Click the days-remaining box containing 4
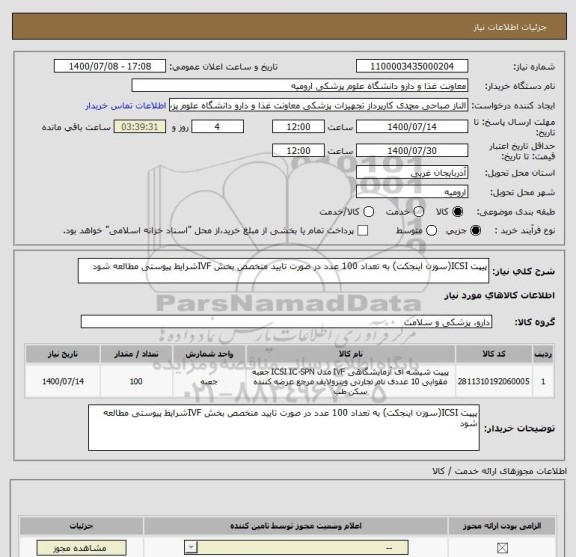pos(218,128)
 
